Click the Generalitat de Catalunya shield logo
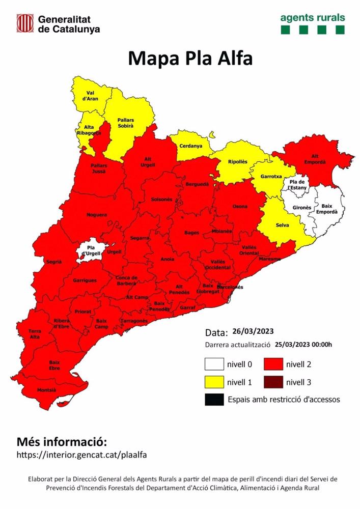coord(24,23)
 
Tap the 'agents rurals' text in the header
coord(312,17)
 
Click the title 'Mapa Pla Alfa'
coord(190,58)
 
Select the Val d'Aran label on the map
coord(92,96)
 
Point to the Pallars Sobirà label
coord(125,122)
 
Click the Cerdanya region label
coord(190,146)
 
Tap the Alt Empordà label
coord(315,159)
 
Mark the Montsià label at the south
coord(46,390)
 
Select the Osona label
coord(240,206)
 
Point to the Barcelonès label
coord(230,287)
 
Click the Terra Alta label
coord(34,334)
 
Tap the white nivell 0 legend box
coord(214,364)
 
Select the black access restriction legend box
coord(214,400)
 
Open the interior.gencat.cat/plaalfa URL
coord(82,455)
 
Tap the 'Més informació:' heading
coord(62,441)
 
